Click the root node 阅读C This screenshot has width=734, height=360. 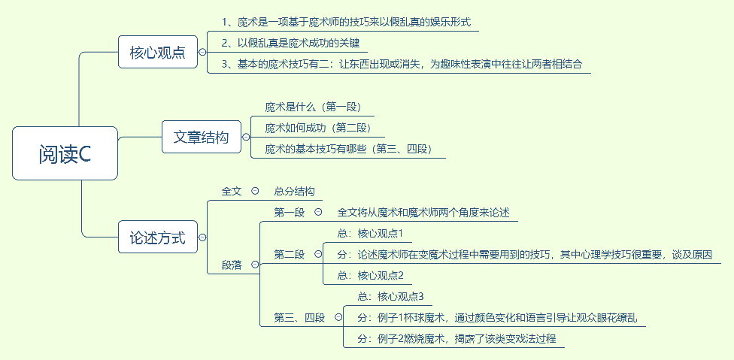tap(65, 153)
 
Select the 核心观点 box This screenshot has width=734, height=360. tap(158, 53)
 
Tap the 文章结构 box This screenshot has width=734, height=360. tap(202, 137)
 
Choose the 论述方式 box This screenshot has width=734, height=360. tap(158, 237)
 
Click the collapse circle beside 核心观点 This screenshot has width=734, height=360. tap(202, 53)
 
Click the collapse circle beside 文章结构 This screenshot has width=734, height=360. tap(246, 137)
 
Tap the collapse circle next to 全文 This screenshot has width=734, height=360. tap(255, 191)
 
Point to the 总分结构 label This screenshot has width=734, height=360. tap(294, 191)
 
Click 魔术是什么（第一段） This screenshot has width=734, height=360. tap(318, 107)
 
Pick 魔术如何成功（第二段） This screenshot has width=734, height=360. tap(318, 128)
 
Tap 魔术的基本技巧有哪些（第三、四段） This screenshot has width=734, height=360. tap(348, 149)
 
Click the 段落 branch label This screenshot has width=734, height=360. tap(232, 265)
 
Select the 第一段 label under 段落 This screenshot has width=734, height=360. tap(290, 213)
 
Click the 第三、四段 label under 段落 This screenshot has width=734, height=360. tap(299, 317)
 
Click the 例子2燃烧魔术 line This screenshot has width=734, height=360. tap(456, 338)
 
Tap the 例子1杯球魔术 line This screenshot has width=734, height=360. tap(497, 317)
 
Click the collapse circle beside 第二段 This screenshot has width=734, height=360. tap(318, 254)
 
